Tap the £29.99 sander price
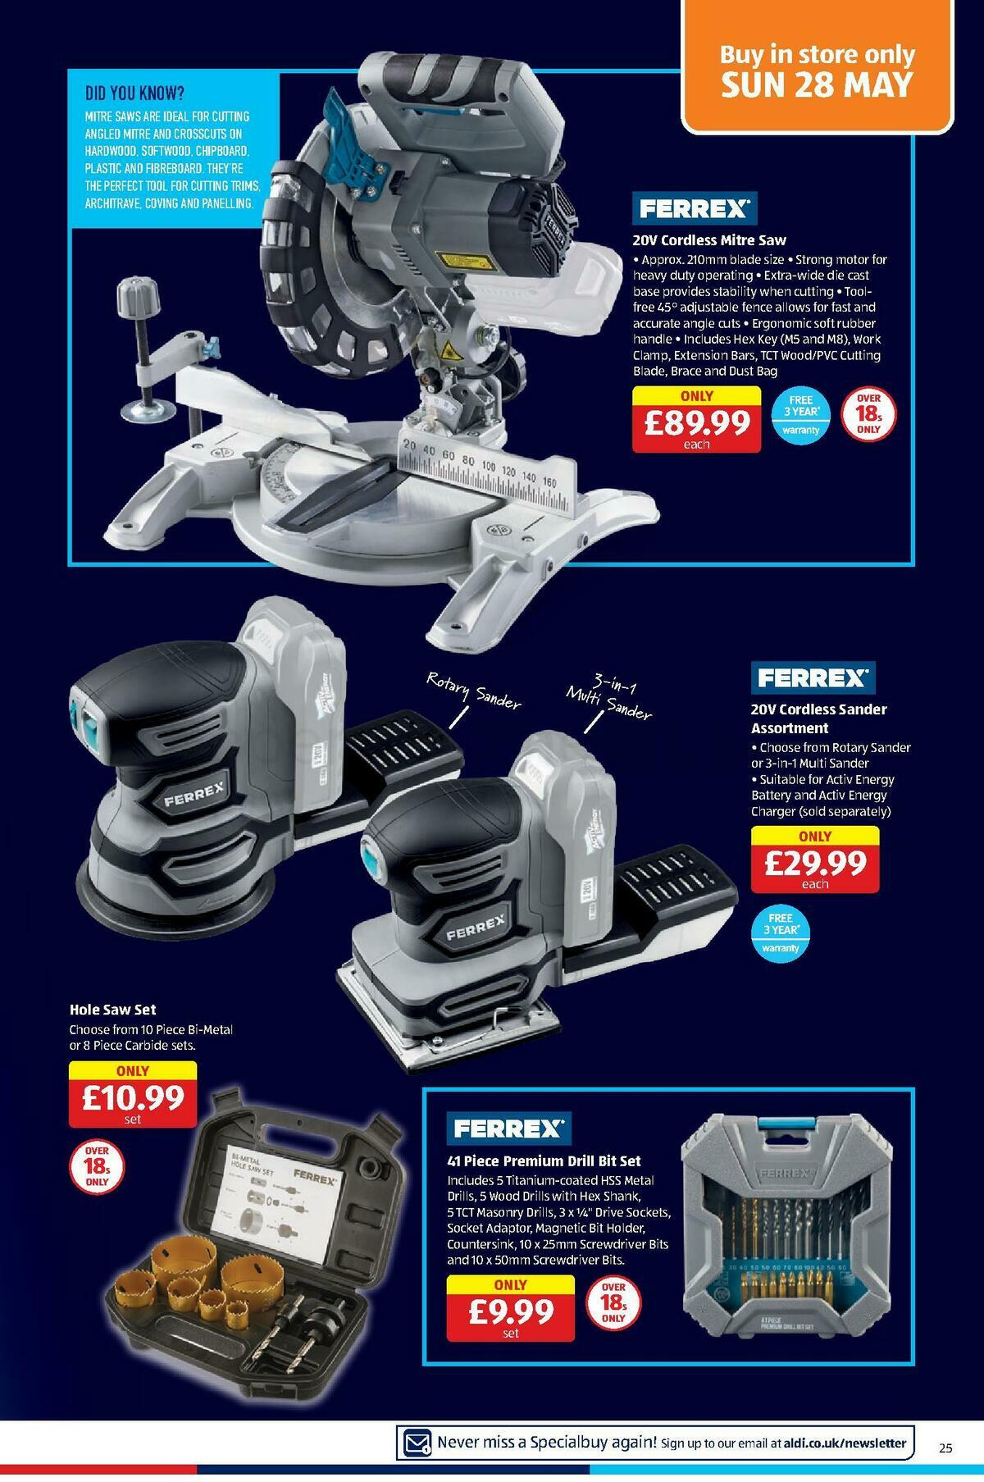point(814,862)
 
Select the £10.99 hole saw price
point(132,1097)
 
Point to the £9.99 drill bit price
point(510,1312)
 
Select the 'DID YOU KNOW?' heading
point(134,93)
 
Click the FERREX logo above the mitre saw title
point(694,209)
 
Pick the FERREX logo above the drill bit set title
point(508,1129)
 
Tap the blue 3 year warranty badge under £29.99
point(780,933)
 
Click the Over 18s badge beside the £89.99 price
point(868,414)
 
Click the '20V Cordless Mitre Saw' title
point(708,240)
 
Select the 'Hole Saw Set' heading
point(112,1010)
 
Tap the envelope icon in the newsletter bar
point(416,1441)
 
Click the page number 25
point(945,1448)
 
